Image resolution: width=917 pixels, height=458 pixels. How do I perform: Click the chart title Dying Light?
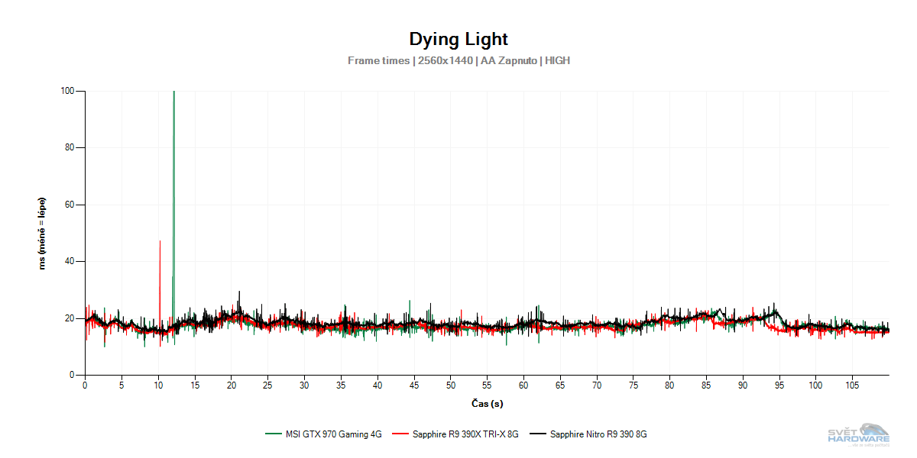tap(458, 39)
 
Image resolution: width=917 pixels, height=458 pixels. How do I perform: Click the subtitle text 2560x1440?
tap(446, 60)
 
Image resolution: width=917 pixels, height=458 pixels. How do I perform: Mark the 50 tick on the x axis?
tap(451, 385)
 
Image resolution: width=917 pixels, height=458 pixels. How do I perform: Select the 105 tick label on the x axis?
tap(853, 385)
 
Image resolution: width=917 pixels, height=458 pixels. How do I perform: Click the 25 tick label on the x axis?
tap(267, 385)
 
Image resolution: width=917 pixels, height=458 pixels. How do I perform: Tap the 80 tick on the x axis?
tap(670, 385)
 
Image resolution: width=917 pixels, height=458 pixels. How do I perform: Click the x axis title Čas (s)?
tap(487, 403)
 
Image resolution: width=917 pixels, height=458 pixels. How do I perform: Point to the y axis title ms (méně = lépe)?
tap(44, 233)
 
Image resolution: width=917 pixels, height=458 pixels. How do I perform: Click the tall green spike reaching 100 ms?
tap(173, 153)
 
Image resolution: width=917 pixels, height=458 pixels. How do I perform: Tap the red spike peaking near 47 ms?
tap(160, 252)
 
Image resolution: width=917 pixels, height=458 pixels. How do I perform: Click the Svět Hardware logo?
tap(860, 434)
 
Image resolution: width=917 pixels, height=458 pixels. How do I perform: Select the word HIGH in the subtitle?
tap(558, 60)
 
